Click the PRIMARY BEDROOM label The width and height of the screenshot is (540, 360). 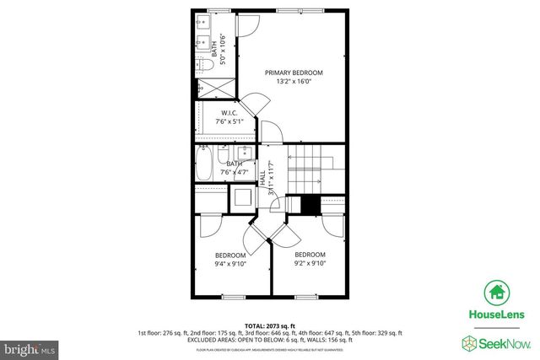[x=294, y=73]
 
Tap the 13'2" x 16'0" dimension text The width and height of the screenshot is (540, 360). [x=294, y=82]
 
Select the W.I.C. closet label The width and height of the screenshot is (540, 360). [x=229, y=112]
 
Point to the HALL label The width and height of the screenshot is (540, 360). [x=262, y=178]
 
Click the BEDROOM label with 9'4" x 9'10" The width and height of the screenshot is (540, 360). [x=229, y=255]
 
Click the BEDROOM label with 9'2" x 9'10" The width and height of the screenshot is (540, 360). [x=309, y=254]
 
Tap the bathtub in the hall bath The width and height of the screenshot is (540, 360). [x=204, y=164]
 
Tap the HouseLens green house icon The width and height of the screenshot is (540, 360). [x=496, y=293]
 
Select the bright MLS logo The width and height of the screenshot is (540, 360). [x=30, y=347]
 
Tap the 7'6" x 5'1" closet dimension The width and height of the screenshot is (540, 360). [x=229, y=122]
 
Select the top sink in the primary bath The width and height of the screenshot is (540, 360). [x=203, y=23]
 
